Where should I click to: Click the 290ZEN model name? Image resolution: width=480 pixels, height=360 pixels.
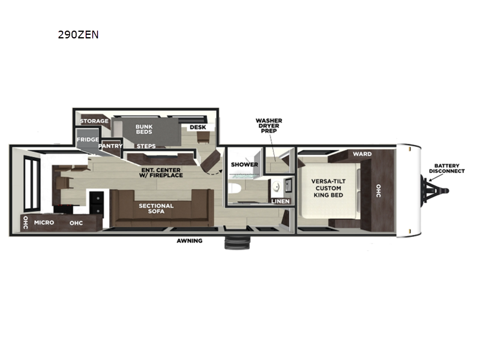[78, 35]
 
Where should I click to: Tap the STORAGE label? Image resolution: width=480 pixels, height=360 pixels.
[95, 121]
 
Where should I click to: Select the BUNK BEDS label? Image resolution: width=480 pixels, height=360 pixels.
[143, 130]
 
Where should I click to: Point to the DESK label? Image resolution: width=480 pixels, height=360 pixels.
[198, 127]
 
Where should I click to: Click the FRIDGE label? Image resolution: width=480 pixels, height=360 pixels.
[88, 140]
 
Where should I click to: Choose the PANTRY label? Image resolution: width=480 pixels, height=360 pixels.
[110, 146]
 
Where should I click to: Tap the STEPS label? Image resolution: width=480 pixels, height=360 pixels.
[146, 146]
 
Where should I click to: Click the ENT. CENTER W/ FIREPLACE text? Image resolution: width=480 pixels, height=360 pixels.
[159, 172]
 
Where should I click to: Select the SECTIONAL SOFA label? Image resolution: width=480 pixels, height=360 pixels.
[156, 209]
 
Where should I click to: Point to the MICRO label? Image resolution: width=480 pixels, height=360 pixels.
[44, 223]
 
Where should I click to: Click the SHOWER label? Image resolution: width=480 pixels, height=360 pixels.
[244, 164]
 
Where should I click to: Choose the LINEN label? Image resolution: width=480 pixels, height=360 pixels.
[280, 201]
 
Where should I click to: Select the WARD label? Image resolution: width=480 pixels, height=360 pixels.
[362, 154]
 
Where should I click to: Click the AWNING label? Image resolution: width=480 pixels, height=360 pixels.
[189, 241]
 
